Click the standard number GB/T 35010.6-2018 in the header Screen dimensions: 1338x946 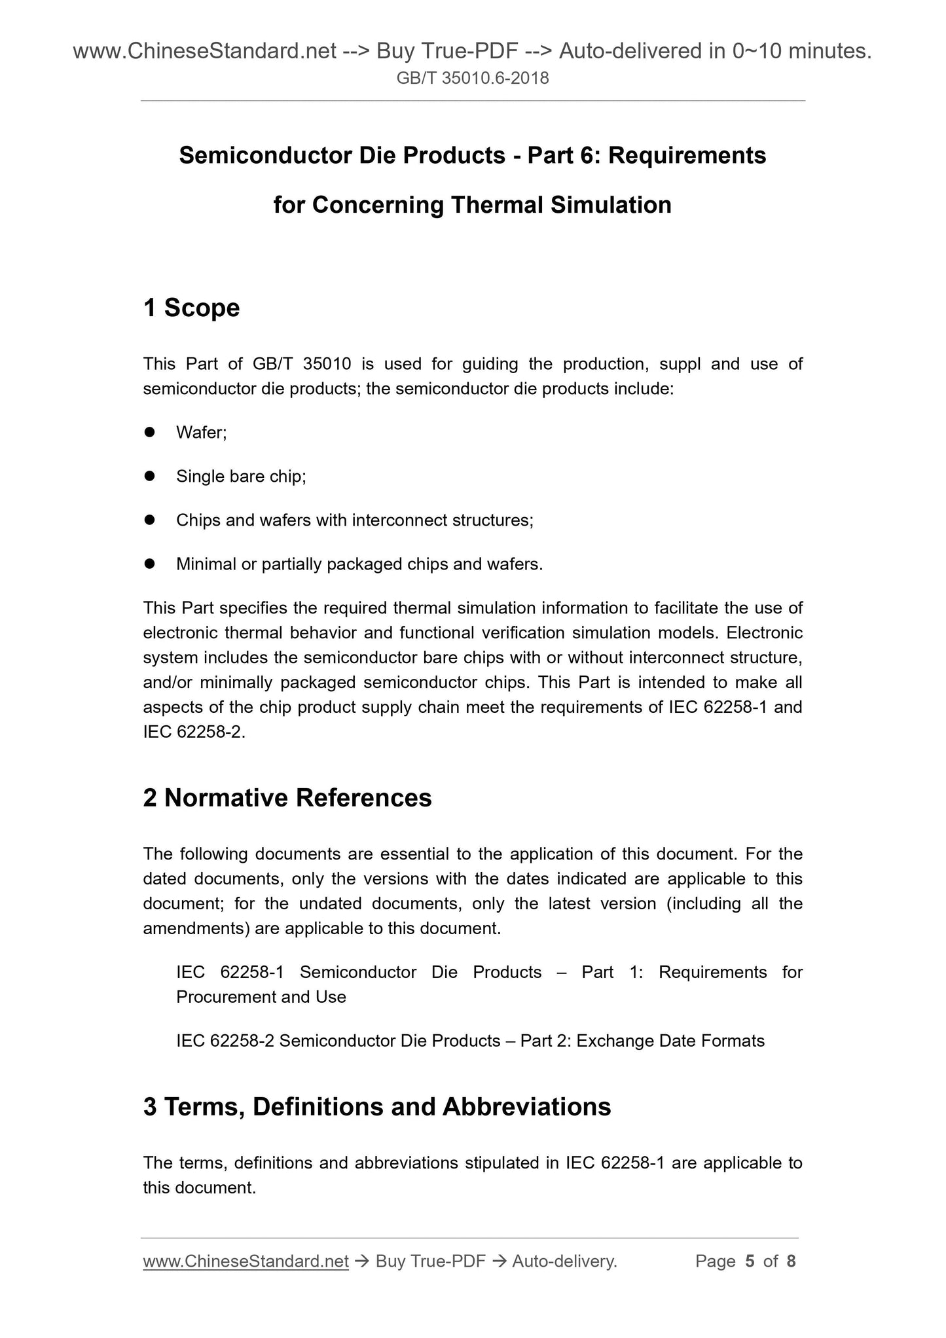click(x=473, y=79)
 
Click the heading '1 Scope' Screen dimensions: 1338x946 click(x=191, y=308)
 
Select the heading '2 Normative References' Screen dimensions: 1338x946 click(x=287, y=798)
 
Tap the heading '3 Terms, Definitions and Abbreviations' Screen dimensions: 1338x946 click(x=376, y=1107)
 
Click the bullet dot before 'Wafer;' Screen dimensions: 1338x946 click(x=149, y=432)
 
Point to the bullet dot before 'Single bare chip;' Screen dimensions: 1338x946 click(x=149, y=476)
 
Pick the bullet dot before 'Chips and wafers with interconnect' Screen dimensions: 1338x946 click(x=149, y=520)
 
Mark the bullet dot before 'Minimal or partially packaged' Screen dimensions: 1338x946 click(x=149, y=564)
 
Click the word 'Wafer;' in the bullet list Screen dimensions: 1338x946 click(x=202, y=433)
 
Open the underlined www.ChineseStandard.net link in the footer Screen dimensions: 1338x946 click(x=246, y=1261)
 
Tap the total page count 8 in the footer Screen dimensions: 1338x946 click(x=791, y=1261)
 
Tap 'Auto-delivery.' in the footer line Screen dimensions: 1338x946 click(x=564, y=1261)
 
